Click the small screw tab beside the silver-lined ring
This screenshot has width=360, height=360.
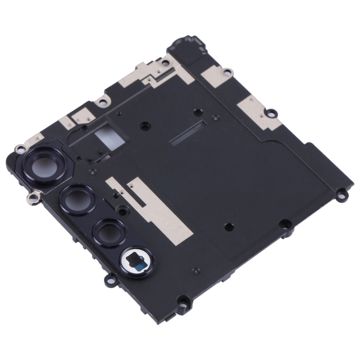coord(109,278)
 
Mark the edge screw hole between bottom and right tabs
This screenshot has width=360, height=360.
coord(284,223)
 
